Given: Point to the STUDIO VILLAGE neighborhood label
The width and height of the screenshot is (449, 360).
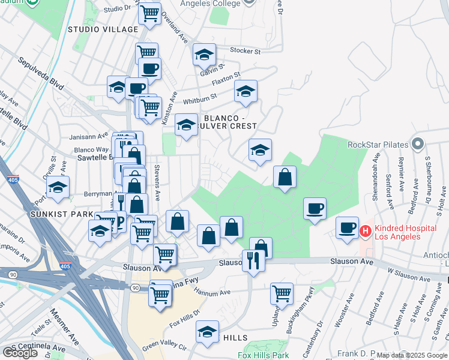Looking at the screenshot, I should coord(103,29).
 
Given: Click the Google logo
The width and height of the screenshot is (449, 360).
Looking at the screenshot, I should coord(20,352).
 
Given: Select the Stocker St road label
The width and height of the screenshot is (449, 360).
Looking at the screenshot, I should coord(248,52).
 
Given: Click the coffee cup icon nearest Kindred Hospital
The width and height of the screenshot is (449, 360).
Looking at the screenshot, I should coord(347,228).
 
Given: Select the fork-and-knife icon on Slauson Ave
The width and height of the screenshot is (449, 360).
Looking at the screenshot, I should coord(253,260).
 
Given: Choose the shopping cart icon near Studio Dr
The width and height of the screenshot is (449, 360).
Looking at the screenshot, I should coord(150,13).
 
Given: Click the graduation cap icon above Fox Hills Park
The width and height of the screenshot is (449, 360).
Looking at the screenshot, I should coord(207,332).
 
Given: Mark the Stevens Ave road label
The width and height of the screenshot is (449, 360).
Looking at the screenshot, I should coord(157,182).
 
